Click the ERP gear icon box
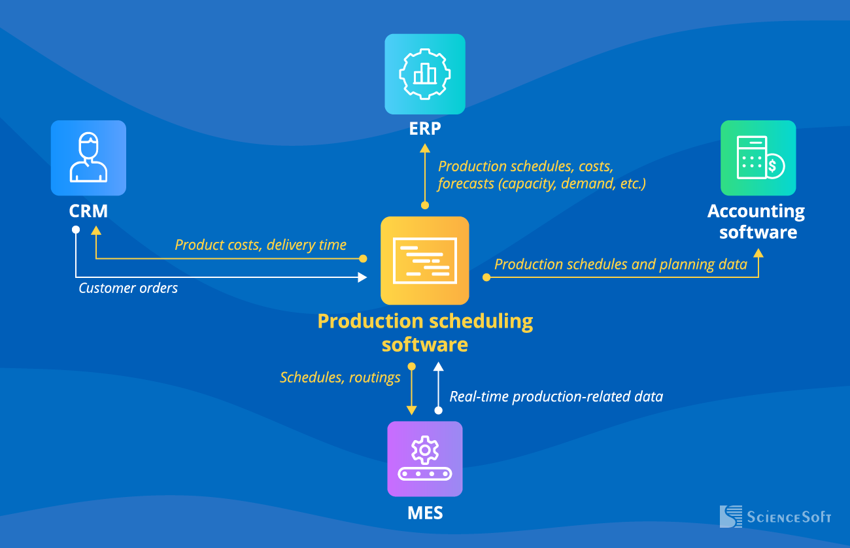coord(425,74)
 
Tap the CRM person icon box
coord(88,158)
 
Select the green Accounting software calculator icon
coord(758,158)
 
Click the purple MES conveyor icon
coord(425,458)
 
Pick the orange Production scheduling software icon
coord(425,260)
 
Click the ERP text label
coord(425,128)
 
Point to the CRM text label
coord(88,211)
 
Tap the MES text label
coord(425,513)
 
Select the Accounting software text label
coord(756,222)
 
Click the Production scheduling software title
coord(425,332)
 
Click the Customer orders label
coord(128,288)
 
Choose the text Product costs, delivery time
coord(260,245)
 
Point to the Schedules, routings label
coord(340,377)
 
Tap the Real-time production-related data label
coord(556,397)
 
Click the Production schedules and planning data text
coord(620,265)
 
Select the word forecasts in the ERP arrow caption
coord(466,184)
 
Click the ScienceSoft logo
coord(775,517)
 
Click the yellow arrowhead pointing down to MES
coord(411,410)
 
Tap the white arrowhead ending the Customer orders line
coord(362,277)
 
